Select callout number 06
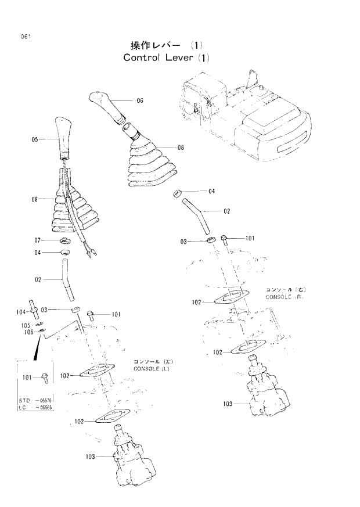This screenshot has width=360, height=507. click(139, 100)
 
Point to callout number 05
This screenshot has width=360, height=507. click(35, 139)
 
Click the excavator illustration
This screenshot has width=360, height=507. click(244, 116)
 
